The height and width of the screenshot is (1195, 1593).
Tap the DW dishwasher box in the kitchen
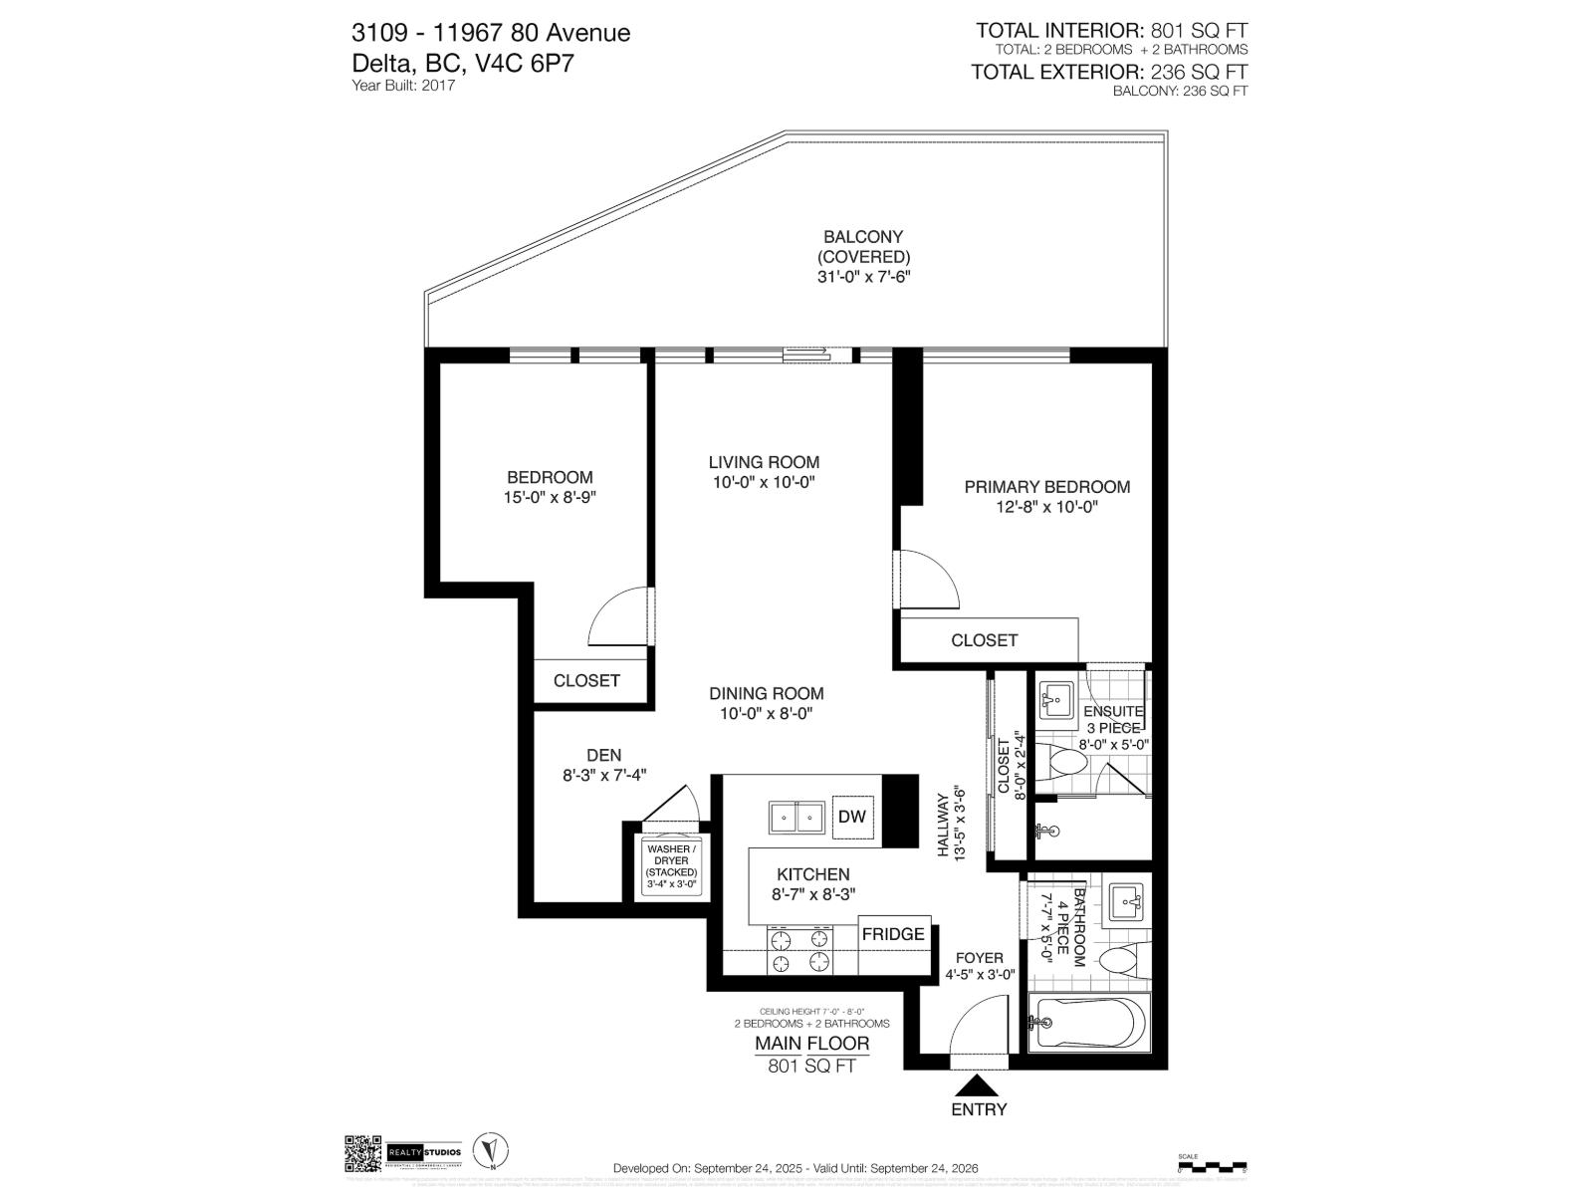point(851,818)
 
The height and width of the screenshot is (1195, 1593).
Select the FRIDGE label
point(893,934)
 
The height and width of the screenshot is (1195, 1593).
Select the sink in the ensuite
point(1054,699)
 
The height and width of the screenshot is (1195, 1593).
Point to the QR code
point(363,1154)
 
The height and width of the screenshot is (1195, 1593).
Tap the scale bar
point(1211,1164)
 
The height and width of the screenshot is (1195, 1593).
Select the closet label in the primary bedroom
point(984,640)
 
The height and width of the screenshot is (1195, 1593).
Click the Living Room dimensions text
point(764,483)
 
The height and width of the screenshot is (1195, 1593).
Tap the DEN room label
point(603,756)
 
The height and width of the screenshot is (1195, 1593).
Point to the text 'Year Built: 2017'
point(403,86)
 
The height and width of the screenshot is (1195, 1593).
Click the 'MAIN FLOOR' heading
point(811,1044)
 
